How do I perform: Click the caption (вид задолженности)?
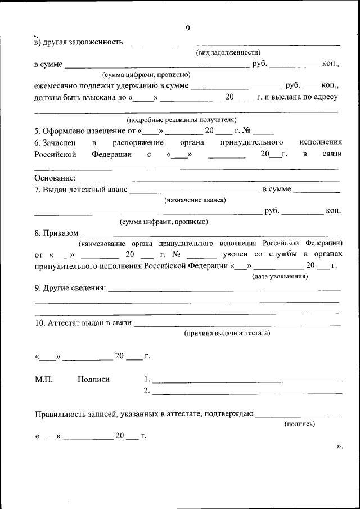[x=228, y=52]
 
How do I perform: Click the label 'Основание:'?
[x=55, y=178]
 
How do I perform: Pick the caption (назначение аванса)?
[x=195, y=200]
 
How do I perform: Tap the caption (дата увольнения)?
[x=279, y=276]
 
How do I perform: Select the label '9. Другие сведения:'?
[x=70, y=288]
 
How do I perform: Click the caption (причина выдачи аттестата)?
[x=227, y=333]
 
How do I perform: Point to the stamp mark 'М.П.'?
[x=43, y=380]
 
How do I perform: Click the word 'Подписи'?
[x=93, y=380]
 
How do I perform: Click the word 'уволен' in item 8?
[x=234, y=255]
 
